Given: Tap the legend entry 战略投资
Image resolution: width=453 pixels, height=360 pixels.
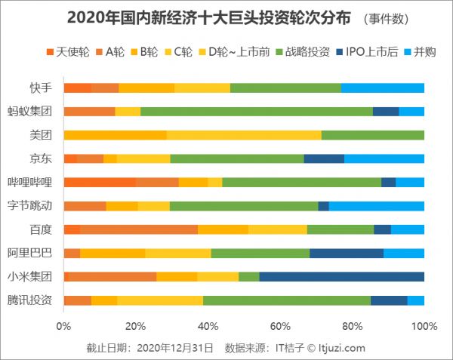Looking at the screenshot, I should tap(301, 52).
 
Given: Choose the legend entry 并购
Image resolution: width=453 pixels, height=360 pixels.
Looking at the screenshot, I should tap(421, 52).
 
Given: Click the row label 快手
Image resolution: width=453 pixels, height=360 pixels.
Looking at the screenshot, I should tap(41, 88).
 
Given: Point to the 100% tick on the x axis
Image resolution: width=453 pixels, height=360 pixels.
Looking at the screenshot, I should tap(424, 327).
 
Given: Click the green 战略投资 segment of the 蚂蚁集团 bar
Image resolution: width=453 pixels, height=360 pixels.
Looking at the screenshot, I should tap(257, 112).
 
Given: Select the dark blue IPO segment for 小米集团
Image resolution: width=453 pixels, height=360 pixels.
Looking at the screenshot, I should tap(341, 276).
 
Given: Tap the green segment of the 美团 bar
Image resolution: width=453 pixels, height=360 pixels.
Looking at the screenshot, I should tap(373, 135).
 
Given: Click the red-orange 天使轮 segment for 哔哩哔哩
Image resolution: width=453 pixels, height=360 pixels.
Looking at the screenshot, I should tap(100, 182).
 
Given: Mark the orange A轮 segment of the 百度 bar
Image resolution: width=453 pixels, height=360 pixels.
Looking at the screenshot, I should tap(139, 229).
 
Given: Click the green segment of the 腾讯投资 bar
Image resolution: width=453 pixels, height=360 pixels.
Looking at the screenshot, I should tap(287, 300).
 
